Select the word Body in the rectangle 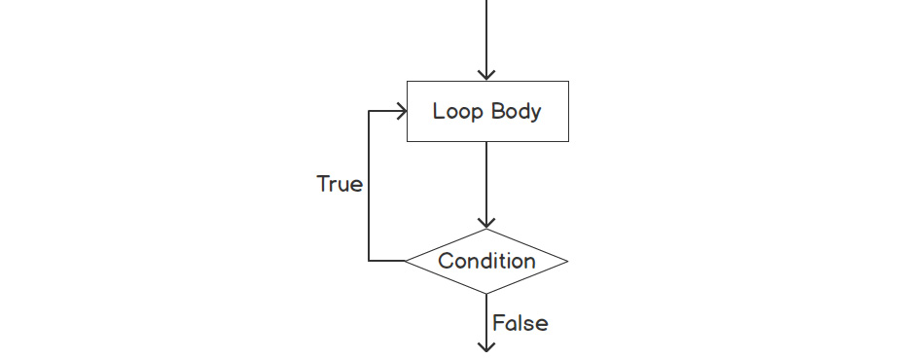click(x=516, y=111)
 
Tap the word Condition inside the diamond click(x=486, y=261)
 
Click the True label click(x=340, y=184)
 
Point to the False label click(x=520, y=323)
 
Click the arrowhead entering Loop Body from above click(x=486, y=74)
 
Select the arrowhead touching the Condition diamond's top click(x=486, y=222)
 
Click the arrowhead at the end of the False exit click(x=486, y=344)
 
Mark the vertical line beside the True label click(x=369, y=185)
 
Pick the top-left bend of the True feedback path click(x=369, y=111)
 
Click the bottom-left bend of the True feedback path click(x=369, y=261)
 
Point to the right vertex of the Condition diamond click(x=567, y=261)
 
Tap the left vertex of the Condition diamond click(x=406, y=261)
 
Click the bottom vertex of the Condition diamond click(x=486, y=294)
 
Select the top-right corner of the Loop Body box click(x=568, y=81)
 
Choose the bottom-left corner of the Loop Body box click(x=406, y=142)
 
